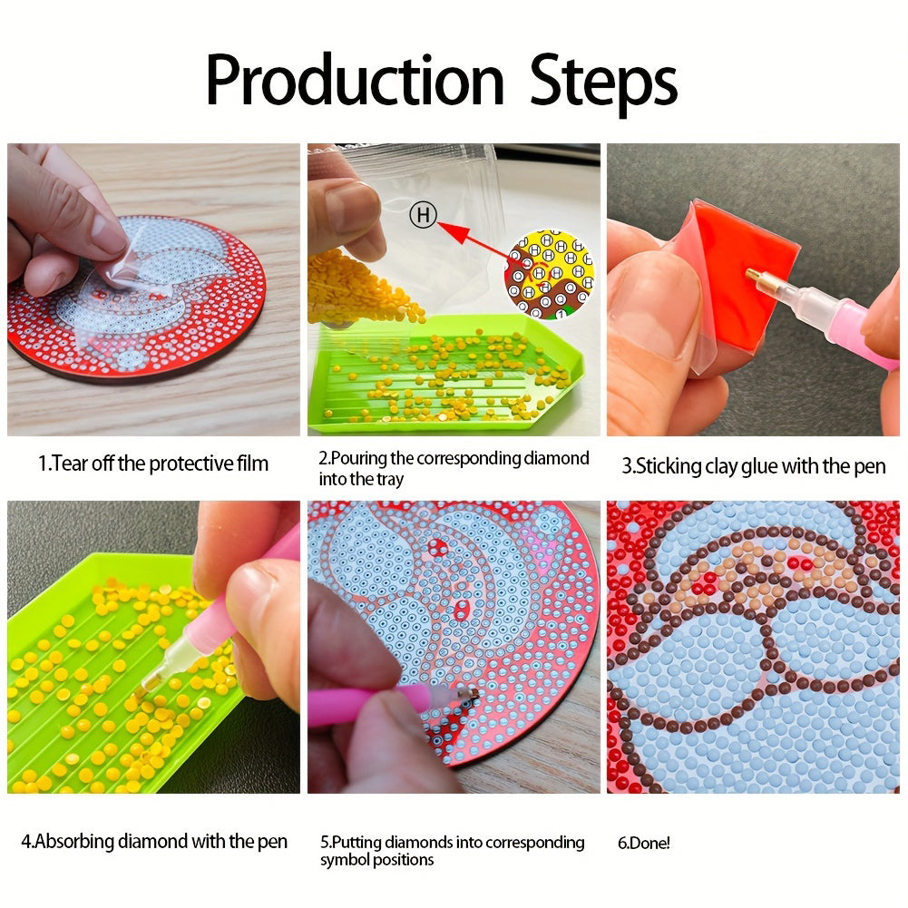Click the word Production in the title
(x=355, y=80)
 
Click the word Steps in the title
(x=603, y=83)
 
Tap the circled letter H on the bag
(x=423, y=215)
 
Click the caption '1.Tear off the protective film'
(x=153, y=464)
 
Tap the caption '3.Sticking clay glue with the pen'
(x=754, y=466)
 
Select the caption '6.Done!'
(x=643, y=843)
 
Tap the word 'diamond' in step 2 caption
(x=556, y=459)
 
